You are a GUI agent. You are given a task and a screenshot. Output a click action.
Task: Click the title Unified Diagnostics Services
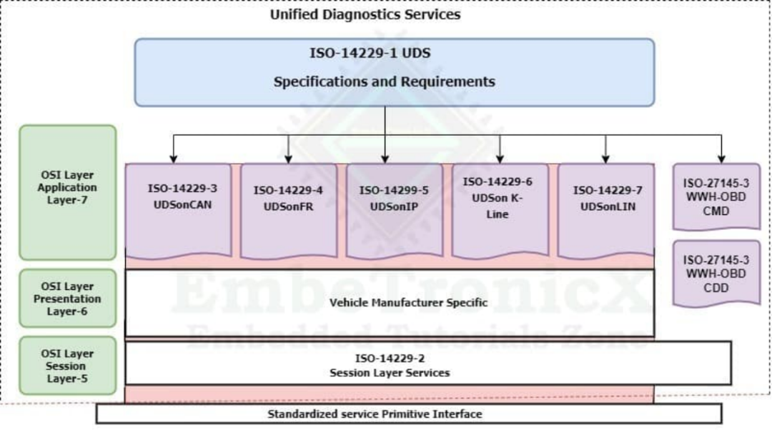[x=365, y=14]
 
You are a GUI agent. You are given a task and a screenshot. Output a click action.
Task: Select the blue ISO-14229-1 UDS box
[x=394, y=72]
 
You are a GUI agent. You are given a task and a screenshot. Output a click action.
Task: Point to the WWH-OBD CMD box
[x=716, y=196]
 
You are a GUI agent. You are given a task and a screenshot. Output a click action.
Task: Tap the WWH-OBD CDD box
[x=716, y=274]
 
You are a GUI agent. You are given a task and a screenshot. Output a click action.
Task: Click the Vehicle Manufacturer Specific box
[x=390, y=303]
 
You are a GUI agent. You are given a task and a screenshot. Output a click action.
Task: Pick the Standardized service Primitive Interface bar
[x=408, y=414]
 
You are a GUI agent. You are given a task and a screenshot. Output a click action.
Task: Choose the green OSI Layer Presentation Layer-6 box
[x=67, y=299]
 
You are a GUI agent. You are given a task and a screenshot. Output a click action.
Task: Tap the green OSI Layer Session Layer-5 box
[x=67, y=366]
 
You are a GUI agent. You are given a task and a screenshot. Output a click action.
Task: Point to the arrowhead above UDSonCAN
[x=172, y=158]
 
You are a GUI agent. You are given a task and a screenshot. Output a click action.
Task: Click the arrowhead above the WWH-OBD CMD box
[x=721, y=158]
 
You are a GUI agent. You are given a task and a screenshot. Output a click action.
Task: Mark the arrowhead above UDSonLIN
[x=606, y=158]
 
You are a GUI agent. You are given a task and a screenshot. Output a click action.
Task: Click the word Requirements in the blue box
[x=447, y=81]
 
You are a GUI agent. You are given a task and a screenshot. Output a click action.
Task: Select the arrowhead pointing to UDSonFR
[x=288, y=158]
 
